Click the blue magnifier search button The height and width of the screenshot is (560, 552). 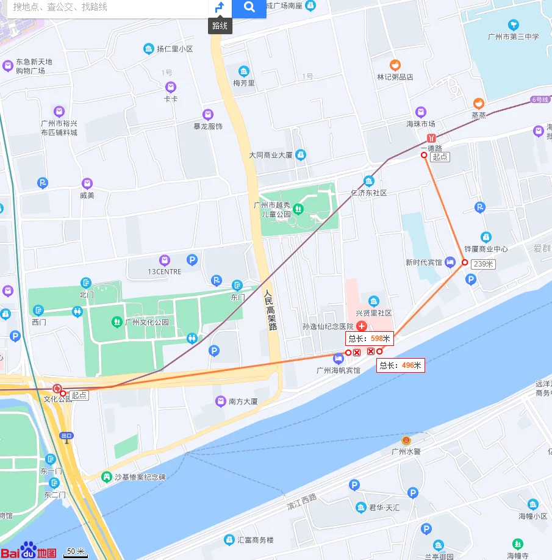click(249, 8)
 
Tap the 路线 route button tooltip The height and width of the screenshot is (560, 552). click(220, 26)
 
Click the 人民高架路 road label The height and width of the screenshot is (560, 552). click(271, 310)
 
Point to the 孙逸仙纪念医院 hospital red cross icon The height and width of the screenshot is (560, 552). click(361, 326)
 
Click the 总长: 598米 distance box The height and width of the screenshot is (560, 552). click(369, 339)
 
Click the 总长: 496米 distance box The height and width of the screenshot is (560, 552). click(400, 365)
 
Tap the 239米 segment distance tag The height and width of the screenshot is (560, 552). click(483, 264)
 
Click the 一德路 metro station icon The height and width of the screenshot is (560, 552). click(431, 138)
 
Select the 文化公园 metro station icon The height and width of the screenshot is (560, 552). click(57, 389)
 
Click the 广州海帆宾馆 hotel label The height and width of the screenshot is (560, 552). click(338, 370)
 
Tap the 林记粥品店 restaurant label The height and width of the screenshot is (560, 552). click(395, 77)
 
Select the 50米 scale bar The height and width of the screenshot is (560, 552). click(76, 552)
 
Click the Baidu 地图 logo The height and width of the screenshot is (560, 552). click(29, 550)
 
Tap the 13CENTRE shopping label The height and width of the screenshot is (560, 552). click(164, 271)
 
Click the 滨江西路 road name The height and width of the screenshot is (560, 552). click(303, 503)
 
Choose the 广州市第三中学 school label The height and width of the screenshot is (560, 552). click(514, 37)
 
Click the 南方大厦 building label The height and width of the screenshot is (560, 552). click(243, 401)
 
